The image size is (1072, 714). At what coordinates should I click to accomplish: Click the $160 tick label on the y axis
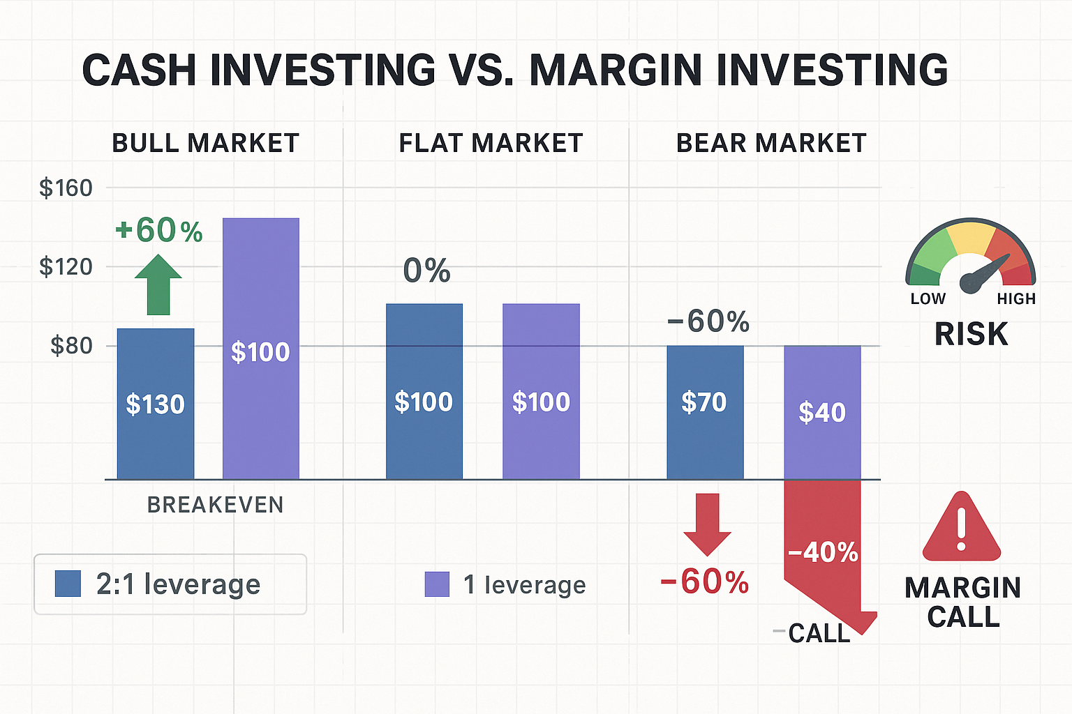coord(66,188)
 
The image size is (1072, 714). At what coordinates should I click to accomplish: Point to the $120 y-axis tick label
coord(66,266)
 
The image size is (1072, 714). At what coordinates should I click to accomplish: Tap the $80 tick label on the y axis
coord(70,345)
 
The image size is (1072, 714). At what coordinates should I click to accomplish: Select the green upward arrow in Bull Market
coord(158,284)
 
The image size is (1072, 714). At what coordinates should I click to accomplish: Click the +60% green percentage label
coord(159,230)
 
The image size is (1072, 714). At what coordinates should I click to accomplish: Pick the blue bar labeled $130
coord(156,404)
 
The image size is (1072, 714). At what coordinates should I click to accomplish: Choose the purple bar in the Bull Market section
coord(261,349)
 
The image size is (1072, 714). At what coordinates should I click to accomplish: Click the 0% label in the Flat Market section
coord(426,271)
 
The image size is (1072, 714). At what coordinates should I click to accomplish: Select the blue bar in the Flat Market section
coord(424,391)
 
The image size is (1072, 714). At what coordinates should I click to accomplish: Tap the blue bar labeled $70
coord(705,411)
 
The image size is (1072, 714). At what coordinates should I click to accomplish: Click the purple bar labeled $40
coord(822,412)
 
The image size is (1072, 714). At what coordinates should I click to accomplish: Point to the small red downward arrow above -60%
coord(707,524)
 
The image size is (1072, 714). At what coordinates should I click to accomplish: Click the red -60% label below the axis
coord(704,582)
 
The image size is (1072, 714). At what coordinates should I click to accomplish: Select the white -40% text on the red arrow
coord(823,552)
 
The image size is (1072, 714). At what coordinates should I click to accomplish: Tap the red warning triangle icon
coord(961,529)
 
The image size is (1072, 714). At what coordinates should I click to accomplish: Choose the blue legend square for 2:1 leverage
coord(68,584)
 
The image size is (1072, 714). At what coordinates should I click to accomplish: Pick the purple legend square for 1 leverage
coord(437,584)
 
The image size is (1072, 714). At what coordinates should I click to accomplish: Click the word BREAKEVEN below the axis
coord(215,505)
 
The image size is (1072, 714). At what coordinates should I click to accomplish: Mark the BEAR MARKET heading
coord(771,143)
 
